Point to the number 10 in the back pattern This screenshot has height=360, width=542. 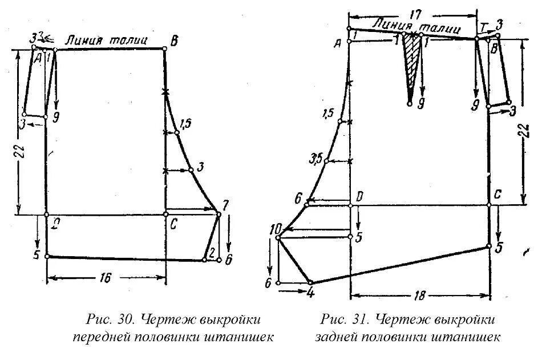point(276,229)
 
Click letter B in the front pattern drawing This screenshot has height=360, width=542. point(174,41)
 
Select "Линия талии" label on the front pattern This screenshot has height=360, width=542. point(107,41)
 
